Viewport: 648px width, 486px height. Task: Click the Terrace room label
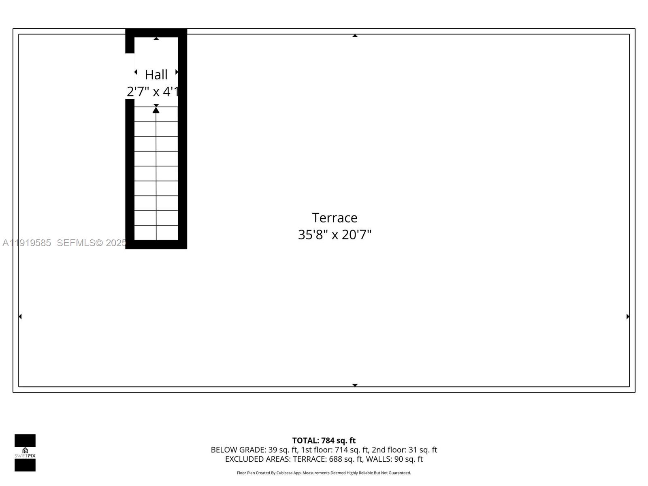[x=335, y=218]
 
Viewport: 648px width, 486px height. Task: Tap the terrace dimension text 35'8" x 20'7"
[x=335, y=235]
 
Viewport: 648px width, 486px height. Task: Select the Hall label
[x=156, y=75]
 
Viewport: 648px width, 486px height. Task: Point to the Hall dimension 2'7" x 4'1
[x=153, y=92]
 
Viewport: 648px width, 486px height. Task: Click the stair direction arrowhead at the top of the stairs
[x=156, y=110]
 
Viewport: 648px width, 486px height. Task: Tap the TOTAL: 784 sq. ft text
[x=324, y=440]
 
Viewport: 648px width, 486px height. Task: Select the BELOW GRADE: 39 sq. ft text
[x=254, y=450]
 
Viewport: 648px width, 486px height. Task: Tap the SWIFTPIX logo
[x=25, y=453]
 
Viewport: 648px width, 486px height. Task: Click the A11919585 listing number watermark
[x=27, y=243]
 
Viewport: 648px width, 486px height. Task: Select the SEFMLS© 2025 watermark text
[x=92, y=243]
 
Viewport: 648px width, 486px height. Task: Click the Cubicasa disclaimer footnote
[x=324, y=473]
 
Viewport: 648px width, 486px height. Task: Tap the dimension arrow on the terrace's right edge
[x=628, y=316]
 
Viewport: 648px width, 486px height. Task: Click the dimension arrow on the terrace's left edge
[x=20, y=316]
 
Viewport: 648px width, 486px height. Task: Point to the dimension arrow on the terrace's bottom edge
[x=355, y=385]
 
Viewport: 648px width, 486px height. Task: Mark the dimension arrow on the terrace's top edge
[x=355, y=36]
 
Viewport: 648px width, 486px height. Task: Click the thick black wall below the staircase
[x=156, y=244]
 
